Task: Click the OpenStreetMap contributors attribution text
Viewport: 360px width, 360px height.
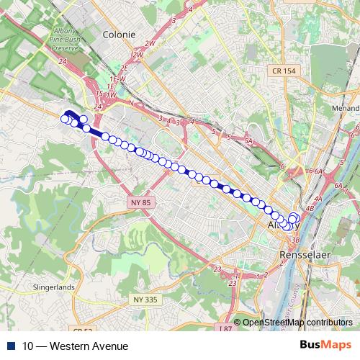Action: click(x=297, y=322)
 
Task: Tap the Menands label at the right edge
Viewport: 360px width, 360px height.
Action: click(x=350, y=110)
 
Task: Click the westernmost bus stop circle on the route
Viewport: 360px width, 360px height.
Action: click(x=65, y=119)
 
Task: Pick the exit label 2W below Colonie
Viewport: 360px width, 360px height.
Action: click(x=139, y=54)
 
